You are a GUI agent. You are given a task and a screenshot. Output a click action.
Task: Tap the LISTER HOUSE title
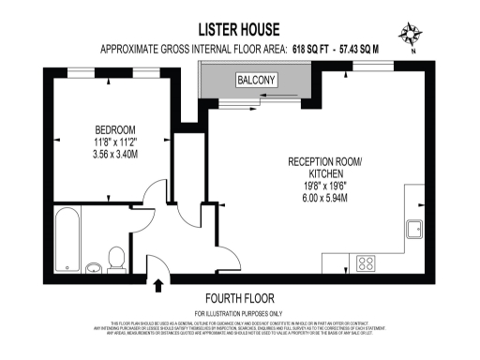pos(239,30)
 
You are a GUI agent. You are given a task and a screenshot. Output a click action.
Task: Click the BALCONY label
pos(256,80)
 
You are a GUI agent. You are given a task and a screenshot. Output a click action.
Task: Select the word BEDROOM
pos(116,129)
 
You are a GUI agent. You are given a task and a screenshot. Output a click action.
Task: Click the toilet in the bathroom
pos(117,258)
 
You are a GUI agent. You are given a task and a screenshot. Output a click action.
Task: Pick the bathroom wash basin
pos(94,269)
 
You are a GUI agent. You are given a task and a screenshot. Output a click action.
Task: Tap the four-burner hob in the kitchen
pos(367,263)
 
